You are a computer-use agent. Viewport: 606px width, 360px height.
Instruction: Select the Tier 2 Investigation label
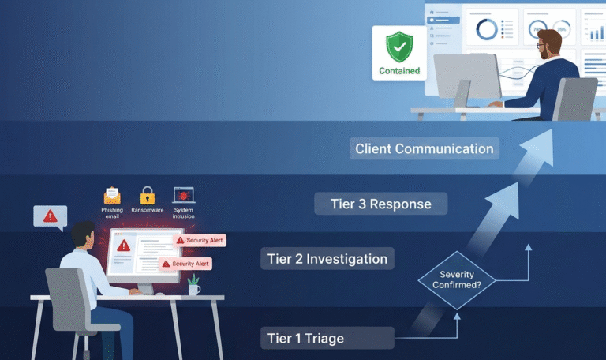coord(327,259)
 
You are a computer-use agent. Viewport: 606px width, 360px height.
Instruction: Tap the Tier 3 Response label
coord(381,204)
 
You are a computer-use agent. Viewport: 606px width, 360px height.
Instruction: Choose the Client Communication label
coord(424,148)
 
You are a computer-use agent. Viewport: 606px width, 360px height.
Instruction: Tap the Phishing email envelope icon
coord(112,195)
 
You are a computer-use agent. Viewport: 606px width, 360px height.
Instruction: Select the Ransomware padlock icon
coord(148,195)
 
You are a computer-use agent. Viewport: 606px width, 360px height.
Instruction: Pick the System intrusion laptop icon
coord(184,195)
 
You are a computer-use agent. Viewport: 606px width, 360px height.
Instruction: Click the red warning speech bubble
coord(50,216)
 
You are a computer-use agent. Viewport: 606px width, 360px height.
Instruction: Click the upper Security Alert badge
coord(200,240)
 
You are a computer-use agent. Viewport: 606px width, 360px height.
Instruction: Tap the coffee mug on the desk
coord(193,289)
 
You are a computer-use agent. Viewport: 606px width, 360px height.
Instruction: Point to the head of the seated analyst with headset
coord(84,235)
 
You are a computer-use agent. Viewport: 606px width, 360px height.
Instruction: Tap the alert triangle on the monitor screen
coord(124,246)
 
